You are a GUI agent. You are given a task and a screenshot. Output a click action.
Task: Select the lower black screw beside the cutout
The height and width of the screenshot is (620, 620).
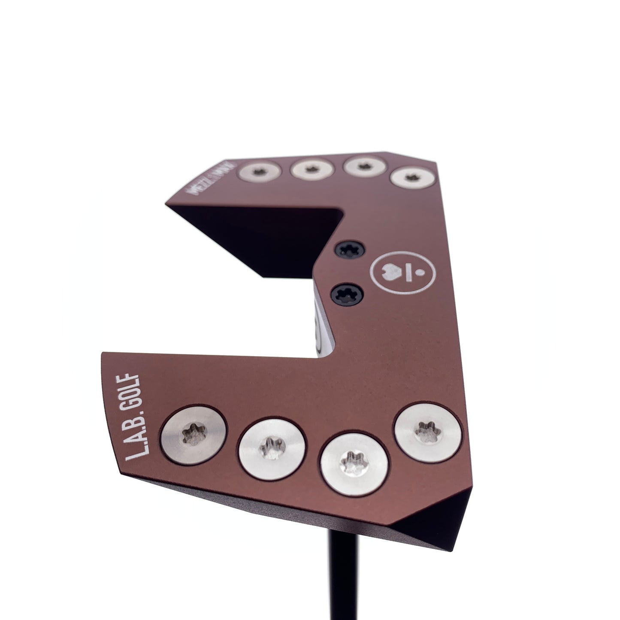(350, 294)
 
